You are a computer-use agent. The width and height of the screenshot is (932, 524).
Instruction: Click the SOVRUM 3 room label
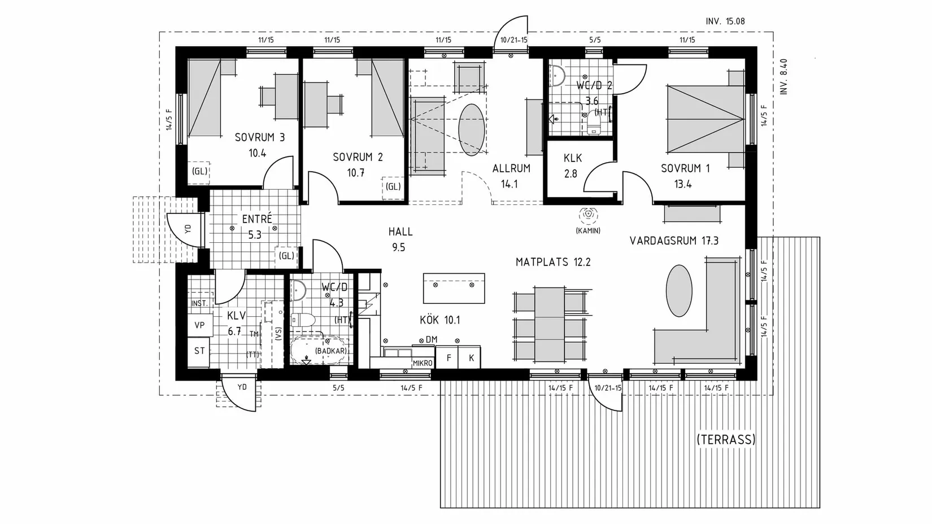[x=260, y=137]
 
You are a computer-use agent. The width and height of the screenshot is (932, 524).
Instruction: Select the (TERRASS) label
[x=726, y=439]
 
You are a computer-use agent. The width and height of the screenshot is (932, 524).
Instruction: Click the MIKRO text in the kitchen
[x=423, y=363]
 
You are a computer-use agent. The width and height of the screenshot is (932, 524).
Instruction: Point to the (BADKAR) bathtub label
[x=331, y=351]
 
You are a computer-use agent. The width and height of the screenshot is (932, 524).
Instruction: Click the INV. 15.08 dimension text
[x=725, y=21]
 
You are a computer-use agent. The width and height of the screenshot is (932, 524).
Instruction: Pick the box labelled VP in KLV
[x=200, y=325]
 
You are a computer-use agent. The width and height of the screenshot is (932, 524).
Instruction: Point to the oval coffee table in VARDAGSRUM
[x=679, y=291]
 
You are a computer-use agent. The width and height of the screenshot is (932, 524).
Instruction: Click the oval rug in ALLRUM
[x=472, y=130]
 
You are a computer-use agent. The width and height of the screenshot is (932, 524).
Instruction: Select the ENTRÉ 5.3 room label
[x=256, y=226]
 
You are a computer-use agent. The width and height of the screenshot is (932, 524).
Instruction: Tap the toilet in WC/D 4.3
[x=303, y=320]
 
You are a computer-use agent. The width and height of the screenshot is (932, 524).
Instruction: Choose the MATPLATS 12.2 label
[x=553, y=262]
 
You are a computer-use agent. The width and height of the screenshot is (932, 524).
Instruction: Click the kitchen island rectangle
[x=454, y=288]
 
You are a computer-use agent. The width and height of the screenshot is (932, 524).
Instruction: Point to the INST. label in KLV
[x=199, y=304]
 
